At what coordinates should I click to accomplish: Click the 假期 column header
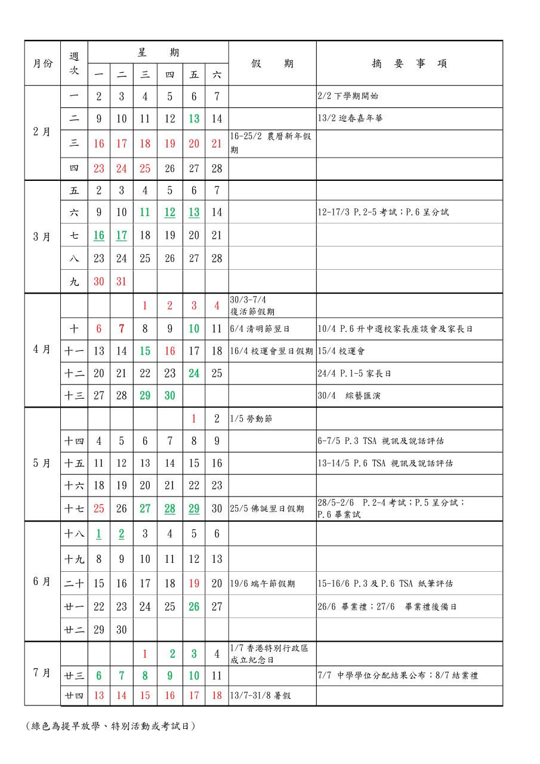coord(272,64)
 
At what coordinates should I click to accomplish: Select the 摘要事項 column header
coord(409,64)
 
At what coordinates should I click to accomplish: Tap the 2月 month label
coord(42,132)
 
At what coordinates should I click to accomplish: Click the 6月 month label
coord(42,581)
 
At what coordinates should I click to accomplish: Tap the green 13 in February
coord(194,118)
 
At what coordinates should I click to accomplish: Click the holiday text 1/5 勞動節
coord(251,419)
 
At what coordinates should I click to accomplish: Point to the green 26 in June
coord(194,606)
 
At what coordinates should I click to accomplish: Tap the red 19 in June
coord(194,583)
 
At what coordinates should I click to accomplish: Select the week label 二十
coord(74,583)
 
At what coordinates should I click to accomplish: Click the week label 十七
coord(74,509)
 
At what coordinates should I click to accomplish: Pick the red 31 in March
coord(122,281)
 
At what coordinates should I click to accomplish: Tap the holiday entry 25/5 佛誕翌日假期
coord(267,509)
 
